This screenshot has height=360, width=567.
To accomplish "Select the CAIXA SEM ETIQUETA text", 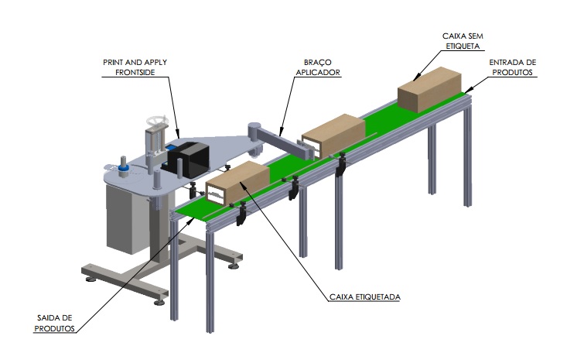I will coord(463,40).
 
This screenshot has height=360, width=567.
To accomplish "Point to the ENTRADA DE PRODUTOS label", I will coord(515,67).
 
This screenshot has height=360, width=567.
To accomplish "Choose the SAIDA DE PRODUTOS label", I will coord(56,322).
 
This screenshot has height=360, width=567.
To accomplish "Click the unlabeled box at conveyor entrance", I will coord(430,87).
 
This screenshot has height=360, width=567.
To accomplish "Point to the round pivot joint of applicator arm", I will coord(252,131).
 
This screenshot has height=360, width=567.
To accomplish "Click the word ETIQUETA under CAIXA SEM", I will coord(463,46).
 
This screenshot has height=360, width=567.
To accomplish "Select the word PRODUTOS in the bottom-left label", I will coord(56,327).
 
